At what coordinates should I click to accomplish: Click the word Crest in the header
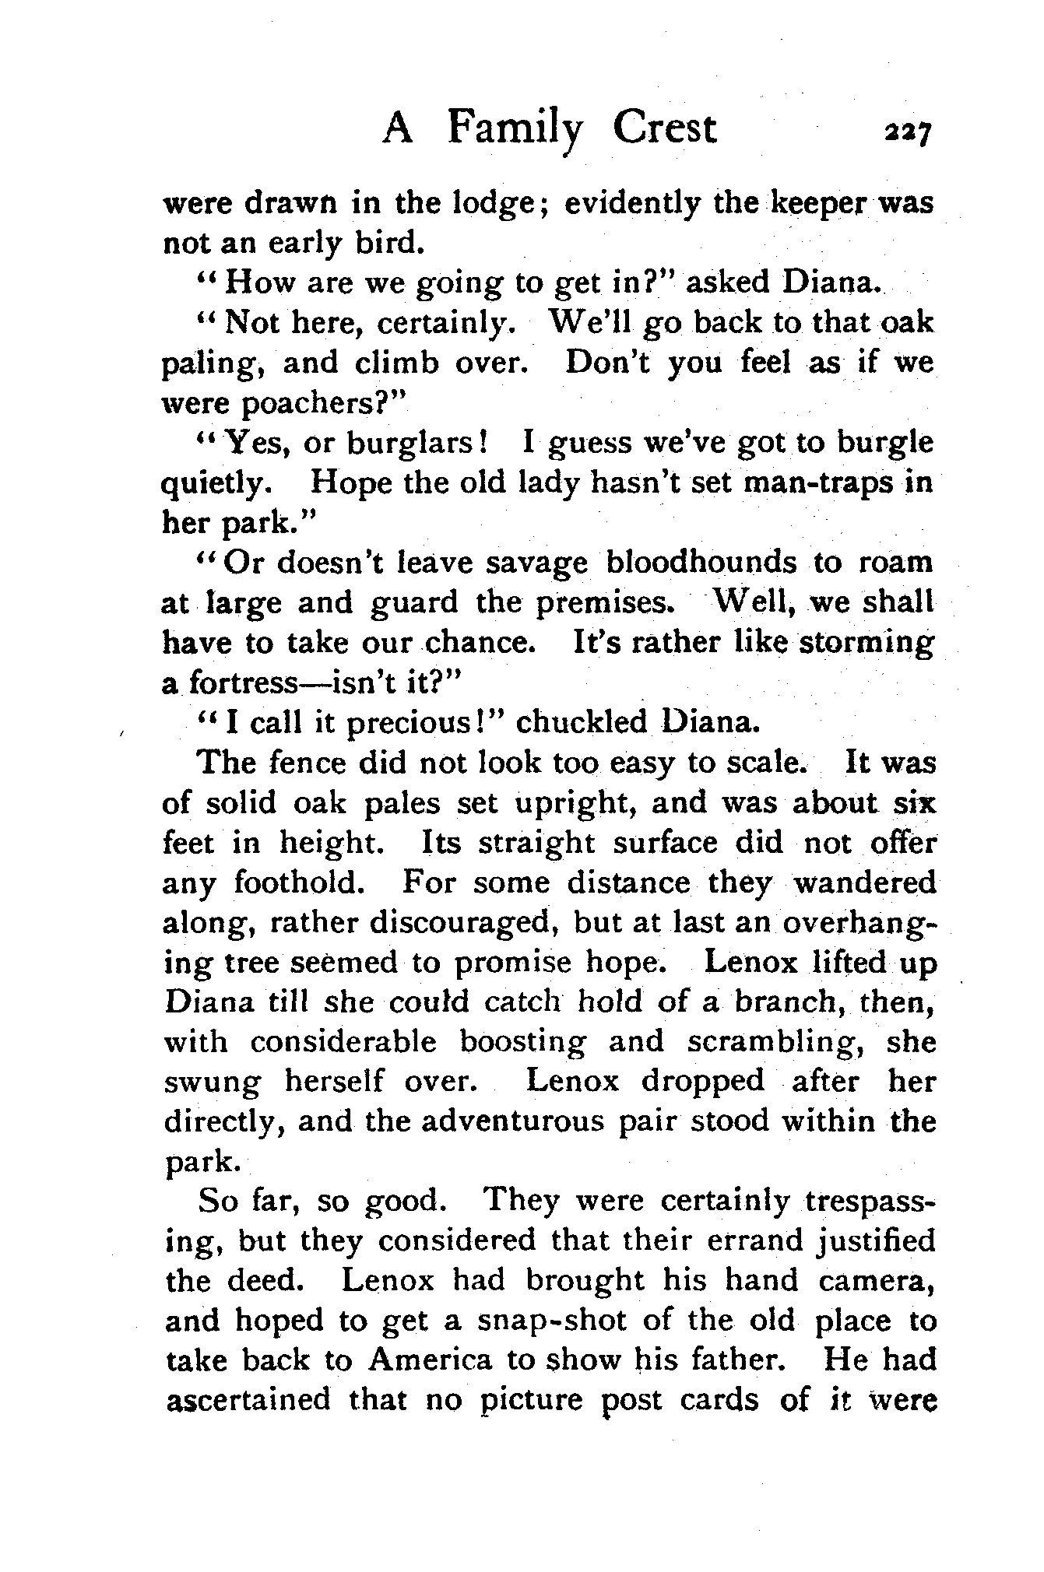pos(663,128)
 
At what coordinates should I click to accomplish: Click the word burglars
pos(410,444)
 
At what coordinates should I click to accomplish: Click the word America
pos(430,1360)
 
